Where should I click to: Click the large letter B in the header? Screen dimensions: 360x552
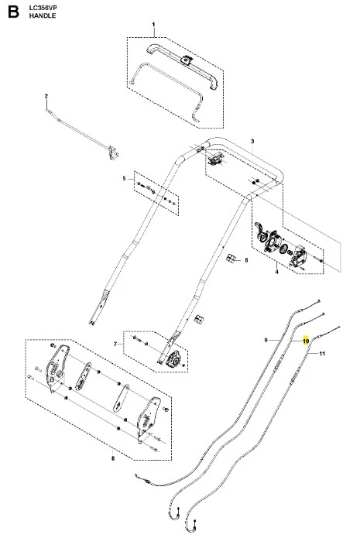(x=13, y=12)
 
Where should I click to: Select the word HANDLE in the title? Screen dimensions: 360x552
(x=43, y=15)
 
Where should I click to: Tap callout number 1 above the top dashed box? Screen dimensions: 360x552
(x=153, y=25)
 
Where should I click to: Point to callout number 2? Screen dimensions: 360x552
(x=46, y=96)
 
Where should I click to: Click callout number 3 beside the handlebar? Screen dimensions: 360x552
(x=252, y=142)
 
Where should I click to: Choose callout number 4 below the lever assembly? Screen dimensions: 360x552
(x=276, y=272)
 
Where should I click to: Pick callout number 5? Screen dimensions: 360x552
(x=124, y=179)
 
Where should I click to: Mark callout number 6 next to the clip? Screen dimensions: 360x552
(x=246, y=260)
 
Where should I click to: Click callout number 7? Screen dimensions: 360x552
(x=115, y=344)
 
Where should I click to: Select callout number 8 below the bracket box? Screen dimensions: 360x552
(x=112, y=458)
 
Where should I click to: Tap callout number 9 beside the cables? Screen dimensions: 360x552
(x=266, y=340)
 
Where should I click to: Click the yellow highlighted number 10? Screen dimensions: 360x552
(x=306, y=341)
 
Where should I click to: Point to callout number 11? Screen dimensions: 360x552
(x=322, y=354)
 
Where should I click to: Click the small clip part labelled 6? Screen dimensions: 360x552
(x=230, y=259)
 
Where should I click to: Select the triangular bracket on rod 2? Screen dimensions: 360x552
(x=113, y=153)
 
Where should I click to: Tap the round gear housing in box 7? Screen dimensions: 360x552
(x=174, y=360)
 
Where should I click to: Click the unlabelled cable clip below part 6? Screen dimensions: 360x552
(x=199, y=319)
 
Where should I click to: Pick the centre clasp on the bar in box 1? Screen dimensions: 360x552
(x=186, y=60)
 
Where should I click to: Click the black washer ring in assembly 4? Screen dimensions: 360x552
(x=283, y=249)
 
